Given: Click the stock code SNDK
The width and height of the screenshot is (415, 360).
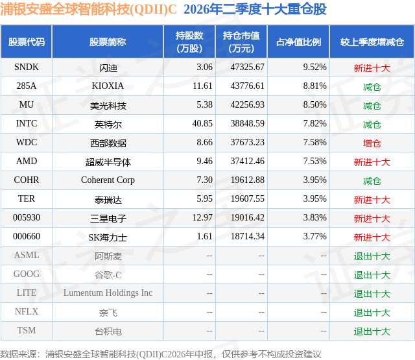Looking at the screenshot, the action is click(27, 67).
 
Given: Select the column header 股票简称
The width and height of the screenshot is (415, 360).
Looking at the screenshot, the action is click(108, 42).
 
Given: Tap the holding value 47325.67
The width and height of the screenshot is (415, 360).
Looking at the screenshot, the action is click(247, 67).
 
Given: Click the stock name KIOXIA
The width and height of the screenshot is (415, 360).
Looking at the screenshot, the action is click(108, 86).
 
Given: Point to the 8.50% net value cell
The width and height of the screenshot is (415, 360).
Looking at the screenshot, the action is click(314, 104).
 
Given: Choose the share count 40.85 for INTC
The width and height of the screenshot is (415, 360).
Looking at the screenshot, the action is click(202, 123).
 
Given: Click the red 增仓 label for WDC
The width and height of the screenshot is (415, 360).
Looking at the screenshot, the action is click(372, 143).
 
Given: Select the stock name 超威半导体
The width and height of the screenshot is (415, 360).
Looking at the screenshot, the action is click(108, 162).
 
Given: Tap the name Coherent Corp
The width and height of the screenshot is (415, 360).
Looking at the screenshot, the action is click(108, 180).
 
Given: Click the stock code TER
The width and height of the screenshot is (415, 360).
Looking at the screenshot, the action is click(27, 198).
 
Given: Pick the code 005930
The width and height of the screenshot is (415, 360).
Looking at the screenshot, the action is click(27, 217).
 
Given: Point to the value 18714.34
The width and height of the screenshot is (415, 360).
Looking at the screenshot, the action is click(248, 236).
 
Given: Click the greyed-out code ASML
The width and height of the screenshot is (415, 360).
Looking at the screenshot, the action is click(27, 255).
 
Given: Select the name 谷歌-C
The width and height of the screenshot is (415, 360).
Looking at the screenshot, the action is click(108, 275).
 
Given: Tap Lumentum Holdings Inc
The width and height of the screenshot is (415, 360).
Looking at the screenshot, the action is click(108, 293).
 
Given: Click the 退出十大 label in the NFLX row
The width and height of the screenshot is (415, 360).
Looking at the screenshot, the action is click(372, 313).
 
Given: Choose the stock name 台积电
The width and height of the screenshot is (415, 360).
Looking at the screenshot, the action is click(108, 331).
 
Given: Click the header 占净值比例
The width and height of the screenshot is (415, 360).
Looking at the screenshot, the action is click(298, 42).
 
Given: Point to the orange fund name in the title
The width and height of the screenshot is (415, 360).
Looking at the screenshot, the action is click(88, 9).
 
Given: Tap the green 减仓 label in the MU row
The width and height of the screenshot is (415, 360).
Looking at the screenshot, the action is click(372, 106).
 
